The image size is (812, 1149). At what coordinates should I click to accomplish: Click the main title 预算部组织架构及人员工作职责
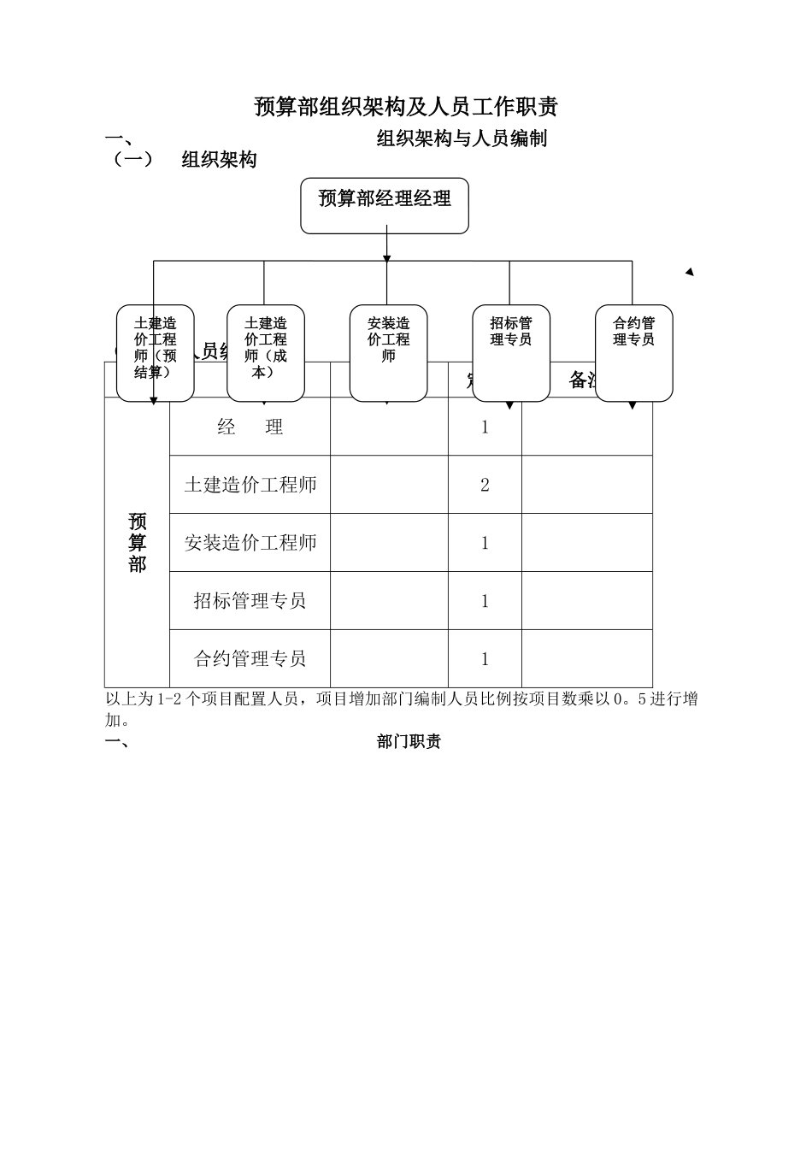(x=406, y=107)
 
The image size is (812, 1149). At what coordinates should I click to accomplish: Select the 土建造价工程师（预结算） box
(x=155, y=352)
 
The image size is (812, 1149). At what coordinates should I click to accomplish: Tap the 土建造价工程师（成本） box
(x=265, y=352)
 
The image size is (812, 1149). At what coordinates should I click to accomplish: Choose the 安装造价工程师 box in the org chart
(x=388, y=352)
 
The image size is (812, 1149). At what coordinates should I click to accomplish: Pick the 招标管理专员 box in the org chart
(x=511, y=352)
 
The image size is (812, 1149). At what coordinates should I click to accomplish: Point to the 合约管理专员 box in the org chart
(x=633, y=352)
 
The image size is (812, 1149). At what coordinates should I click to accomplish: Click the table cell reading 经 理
(x=250, y=427)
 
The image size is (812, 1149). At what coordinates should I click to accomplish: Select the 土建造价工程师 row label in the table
(x=250, y=485)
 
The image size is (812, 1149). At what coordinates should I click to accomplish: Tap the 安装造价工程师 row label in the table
(x=250, y=543)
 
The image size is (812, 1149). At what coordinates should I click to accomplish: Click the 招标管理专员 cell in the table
(x=250, y=601)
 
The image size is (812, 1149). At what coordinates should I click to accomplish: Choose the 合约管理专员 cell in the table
(x=250, y=659)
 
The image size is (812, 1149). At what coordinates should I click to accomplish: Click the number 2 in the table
(x=485, y=486)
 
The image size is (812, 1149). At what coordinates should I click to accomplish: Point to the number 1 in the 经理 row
(x=485, y=427)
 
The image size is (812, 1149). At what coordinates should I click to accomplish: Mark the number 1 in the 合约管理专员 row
(x=485, y=659)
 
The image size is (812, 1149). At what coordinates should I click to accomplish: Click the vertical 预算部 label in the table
(x=137, y=543)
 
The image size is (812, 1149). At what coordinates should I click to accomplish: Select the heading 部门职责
(x=409, y=742)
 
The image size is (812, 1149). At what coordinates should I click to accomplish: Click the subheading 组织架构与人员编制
(x=462, y=138)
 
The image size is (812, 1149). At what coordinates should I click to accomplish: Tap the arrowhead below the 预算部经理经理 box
(x=387, y=257)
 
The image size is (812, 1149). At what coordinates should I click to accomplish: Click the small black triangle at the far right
(x=690, y=272)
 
